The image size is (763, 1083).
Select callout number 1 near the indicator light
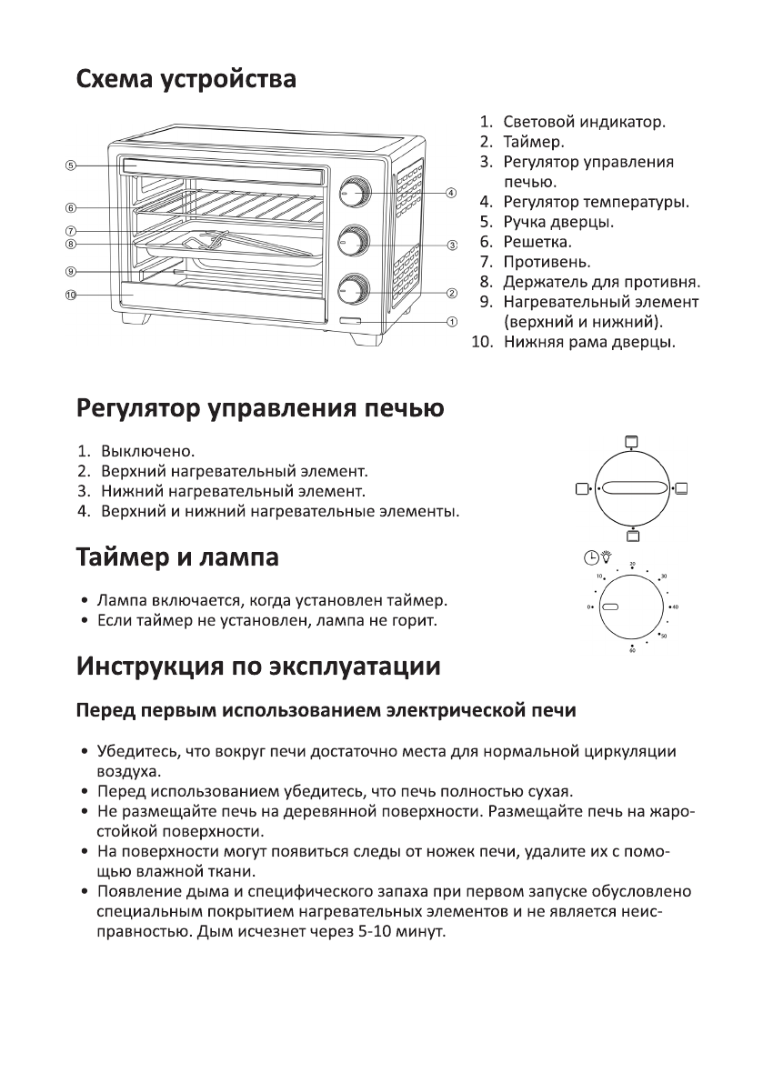pos(451,321)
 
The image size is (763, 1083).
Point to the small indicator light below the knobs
pos(350,322)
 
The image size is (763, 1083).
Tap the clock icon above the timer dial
pos(591,558)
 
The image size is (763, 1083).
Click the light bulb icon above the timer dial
pos(607,558)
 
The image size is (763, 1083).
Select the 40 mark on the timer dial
pos(675,606)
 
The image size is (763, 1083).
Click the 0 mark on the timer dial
pos(589,607)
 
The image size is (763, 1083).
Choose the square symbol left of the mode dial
pos(582,489)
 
